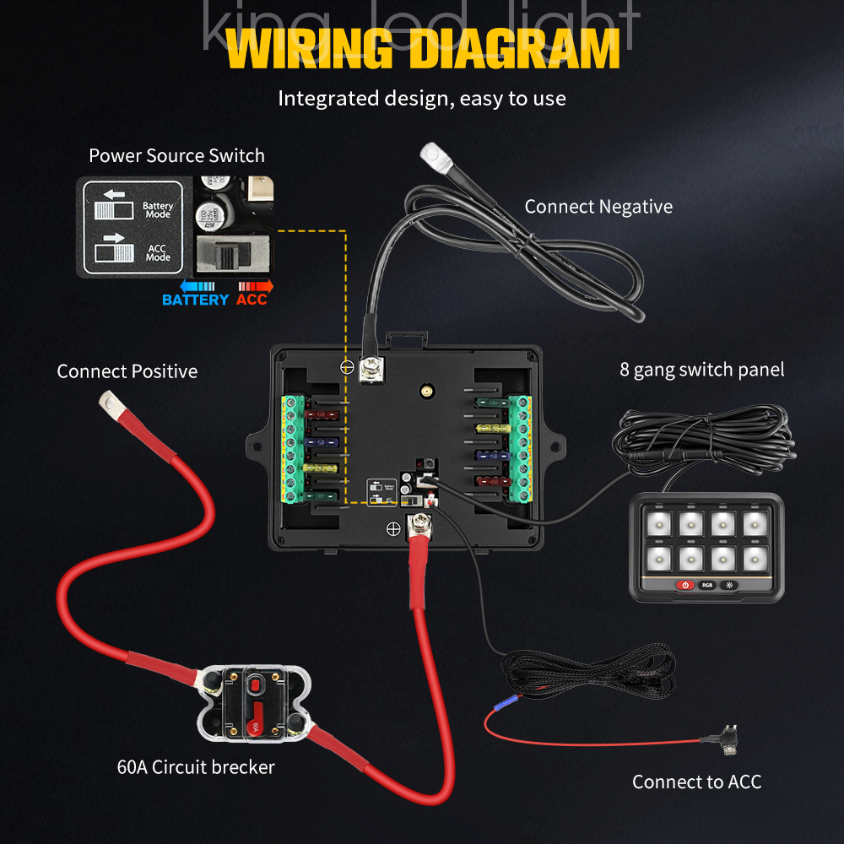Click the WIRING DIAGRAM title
[422, 50]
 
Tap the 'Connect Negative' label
[598, 207]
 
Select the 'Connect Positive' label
[127, 371]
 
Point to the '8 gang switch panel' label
[702, 370]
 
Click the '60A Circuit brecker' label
[196, 767]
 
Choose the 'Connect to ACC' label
[696, 782]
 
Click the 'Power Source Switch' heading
[176, 156]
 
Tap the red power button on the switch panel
[684, 585]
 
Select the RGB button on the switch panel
[706, 585]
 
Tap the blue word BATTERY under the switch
[195, 300]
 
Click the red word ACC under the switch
[252, 300]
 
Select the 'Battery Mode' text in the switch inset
[157, 209]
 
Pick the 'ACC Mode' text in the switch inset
[157, 252]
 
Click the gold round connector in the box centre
[427, 392]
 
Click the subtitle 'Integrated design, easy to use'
[422, 98]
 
